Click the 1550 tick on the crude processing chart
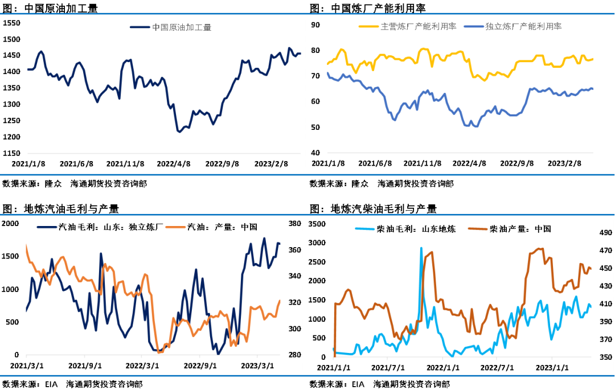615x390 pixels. tap(12, 23)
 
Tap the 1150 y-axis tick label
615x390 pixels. tap(12, 153)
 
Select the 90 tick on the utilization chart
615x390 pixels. tap(315, 24)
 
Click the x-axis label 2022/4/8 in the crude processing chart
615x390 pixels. tap(174, 163)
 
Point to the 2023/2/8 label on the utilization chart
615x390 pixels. tap(564, 163)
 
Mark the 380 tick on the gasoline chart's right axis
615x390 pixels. tap(295, 224)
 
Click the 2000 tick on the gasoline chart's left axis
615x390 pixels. tap(10, 223)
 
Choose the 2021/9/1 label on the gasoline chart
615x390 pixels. tap(85, 366)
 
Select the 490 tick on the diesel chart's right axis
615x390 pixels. tap(604, 232)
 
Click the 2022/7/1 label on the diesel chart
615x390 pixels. tap(497, 367)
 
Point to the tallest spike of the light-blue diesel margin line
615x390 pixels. tap(421, 248)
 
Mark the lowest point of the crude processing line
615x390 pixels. tap(179, 132)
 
